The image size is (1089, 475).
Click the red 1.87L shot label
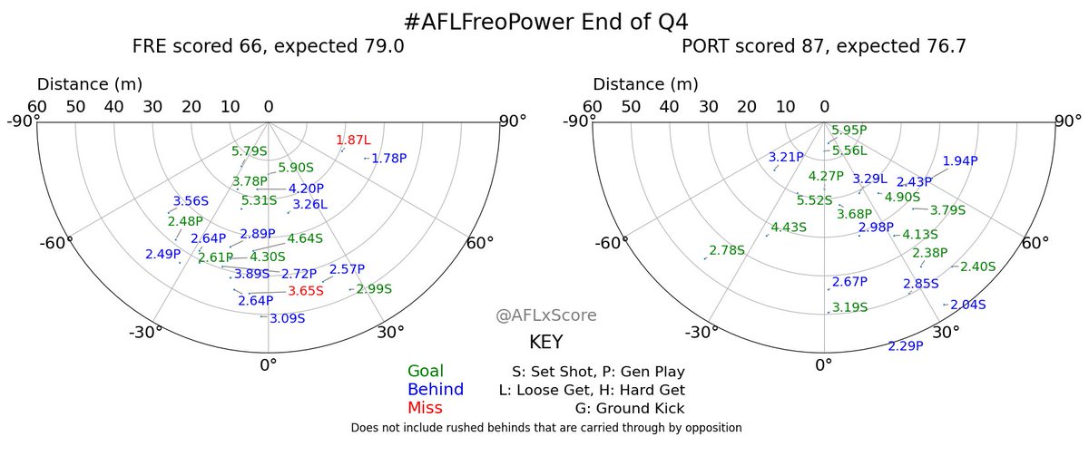coord(354,141)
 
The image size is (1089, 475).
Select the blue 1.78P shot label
coord(389,158)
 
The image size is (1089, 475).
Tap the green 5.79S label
coord(250,151)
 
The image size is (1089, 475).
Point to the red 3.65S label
coord(306,291)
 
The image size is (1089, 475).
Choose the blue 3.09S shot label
coord(288,318)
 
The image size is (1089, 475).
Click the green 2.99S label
coord(374,289)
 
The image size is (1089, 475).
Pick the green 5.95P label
coord(849,131)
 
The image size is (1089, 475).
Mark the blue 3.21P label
coord(786,157)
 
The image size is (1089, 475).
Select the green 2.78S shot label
coord(727,250)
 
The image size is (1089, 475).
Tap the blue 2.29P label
coord(906,345)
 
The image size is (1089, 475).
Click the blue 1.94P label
coord(960,161)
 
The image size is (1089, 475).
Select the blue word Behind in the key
coord(436,389)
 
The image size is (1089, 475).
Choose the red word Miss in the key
coord(424,408)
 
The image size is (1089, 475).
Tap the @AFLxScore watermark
coord(546,315)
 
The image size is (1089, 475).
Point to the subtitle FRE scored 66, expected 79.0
coord(269,46)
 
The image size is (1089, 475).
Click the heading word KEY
coord(546,343)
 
